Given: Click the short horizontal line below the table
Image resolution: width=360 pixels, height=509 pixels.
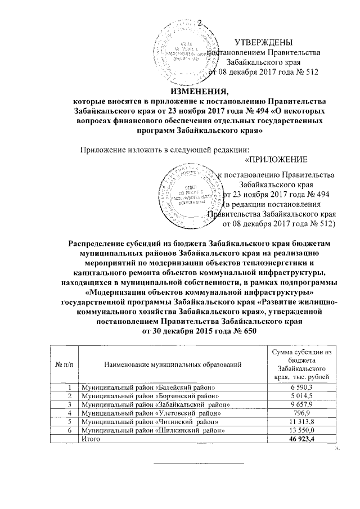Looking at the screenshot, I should (200, 464).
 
